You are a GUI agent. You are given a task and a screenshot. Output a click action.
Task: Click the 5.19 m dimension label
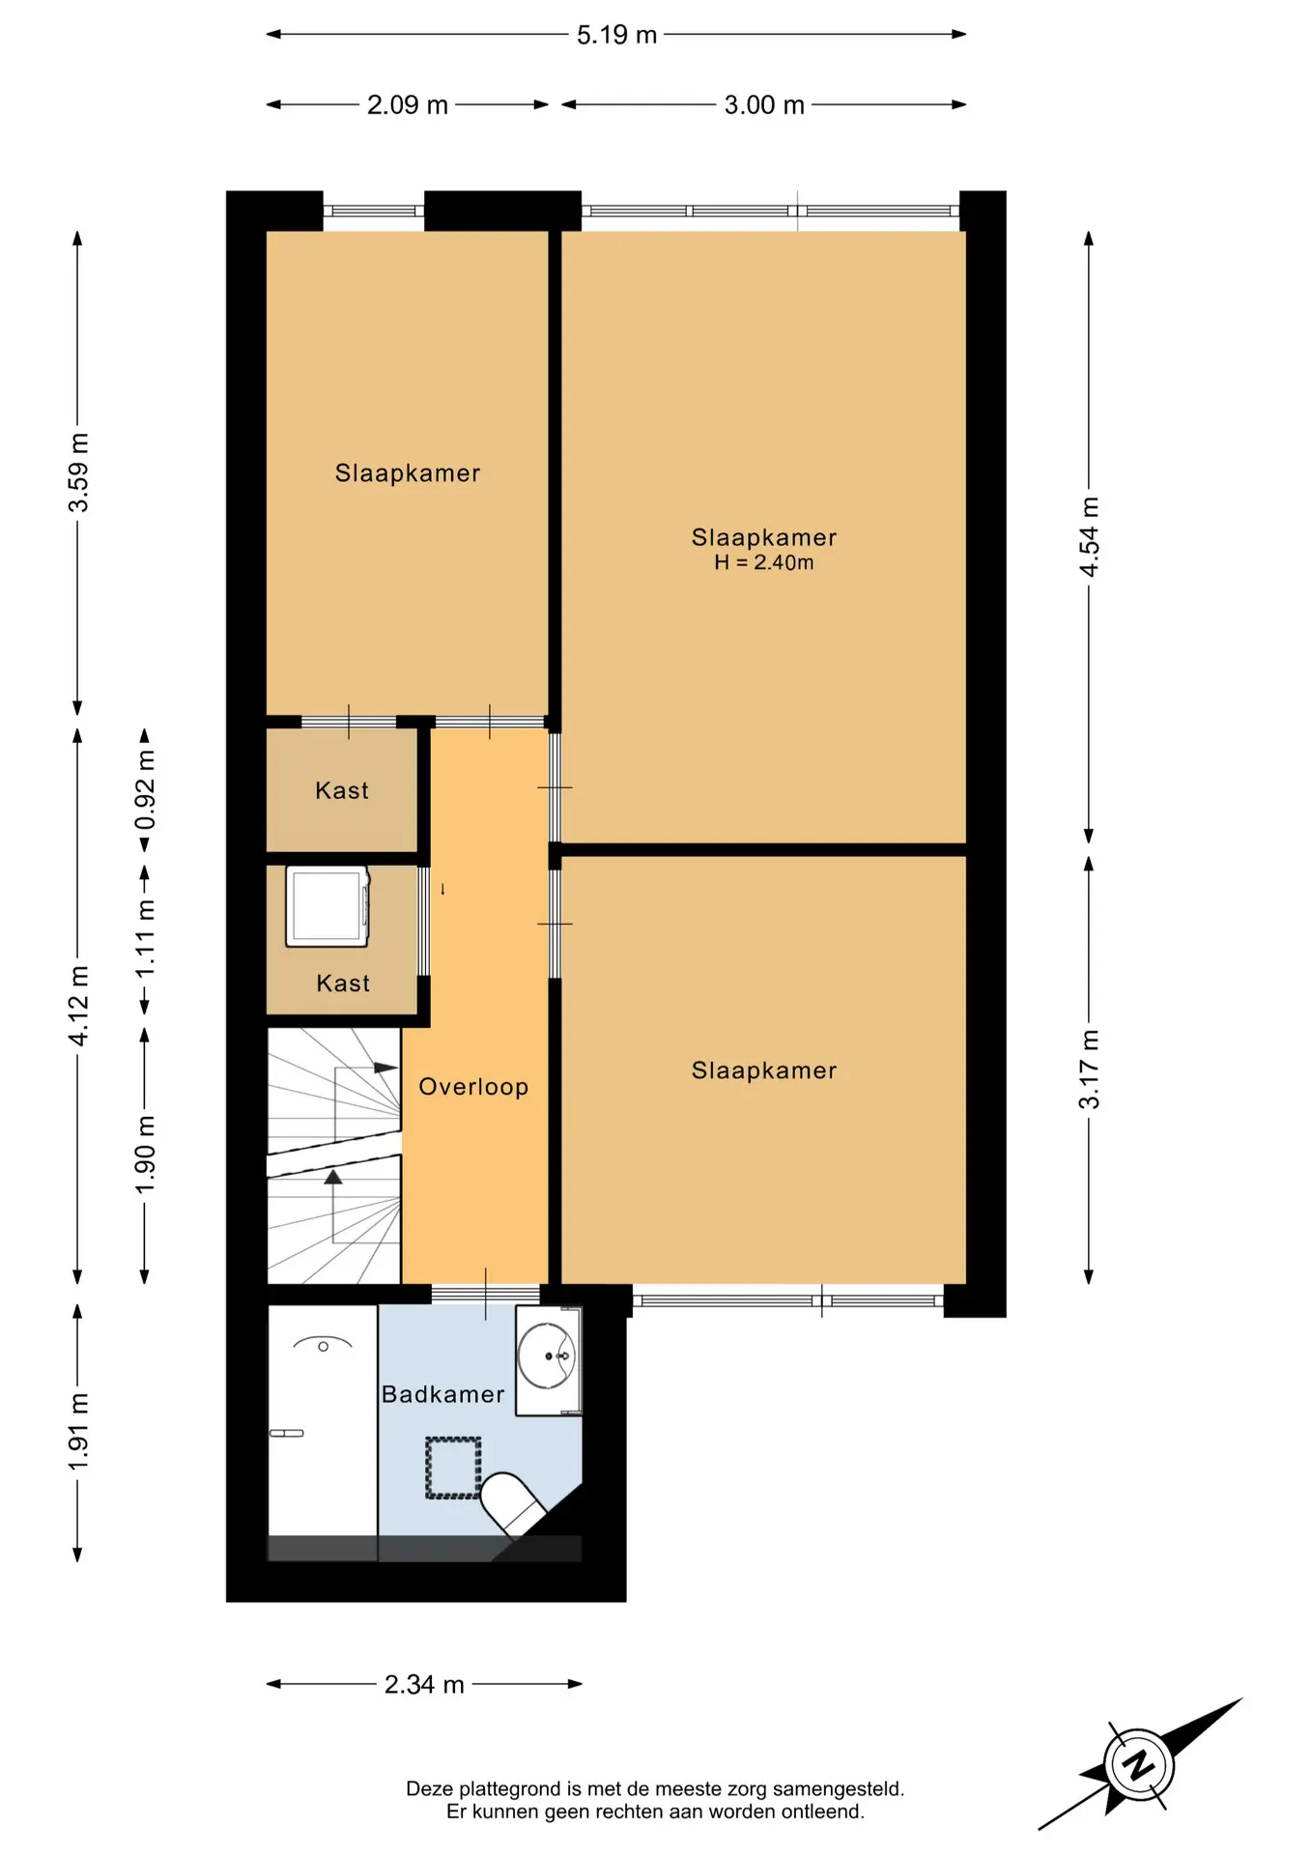[x=616, y=35]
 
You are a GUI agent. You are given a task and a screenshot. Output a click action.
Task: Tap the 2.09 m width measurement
[x=407, y=104]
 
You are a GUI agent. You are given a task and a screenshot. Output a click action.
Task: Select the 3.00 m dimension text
[x=764, y=104]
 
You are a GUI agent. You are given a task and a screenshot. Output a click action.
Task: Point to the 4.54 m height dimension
[x=1089, y=536]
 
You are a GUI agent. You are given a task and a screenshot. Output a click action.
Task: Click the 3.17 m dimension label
[x=1089, y=1069]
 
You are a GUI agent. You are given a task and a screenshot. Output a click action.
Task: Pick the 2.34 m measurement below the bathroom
[x=424, y=1684]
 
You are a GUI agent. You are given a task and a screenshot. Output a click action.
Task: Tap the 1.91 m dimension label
[x=78, y=1432]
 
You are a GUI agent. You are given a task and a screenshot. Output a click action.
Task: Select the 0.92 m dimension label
[x=145, y=789]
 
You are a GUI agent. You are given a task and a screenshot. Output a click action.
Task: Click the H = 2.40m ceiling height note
[x=763, y=562]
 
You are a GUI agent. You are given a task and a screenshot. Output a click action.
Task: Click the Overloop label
[x=473, y=1087]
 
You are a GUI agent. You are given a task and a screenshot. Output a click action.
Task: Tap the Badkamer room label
[x=442, y=1394]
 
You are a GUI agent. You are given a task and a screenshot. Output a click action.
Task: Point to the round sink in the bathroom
[x=547, y=1356]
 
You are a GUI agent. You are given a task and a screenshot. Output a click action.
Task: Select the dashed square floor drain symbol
[x=453, y=1469]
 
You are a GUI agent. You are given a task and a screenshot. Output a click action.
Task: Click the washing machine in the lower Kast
[x=328, y=906]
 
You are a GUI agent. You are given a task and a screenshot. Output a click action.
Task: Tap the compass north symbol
[x=1141, y=1765]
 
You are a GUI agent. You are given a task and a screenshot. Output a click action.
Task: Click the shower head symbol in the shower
[x=323, y=1344]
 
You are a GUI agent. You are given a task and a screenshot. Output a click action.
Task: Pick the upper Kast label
[x=342, y=790]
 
